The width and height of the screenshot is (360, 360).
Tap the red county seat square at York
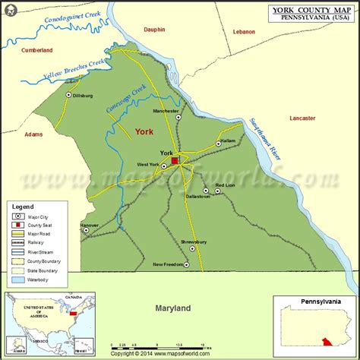point(175,161)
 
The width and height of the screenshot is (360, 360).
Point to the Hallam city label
point(231,142)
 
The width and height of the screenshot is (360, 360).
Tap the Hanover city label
point(90,225)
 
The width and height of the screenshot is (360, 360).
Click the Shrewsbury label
point(194,242)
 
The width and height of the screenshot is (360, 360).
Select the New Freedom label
point(168,264)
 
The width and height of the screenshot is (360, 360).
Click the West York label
point(147,165)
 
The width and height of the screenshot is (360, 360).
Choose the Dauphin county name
point(154,30)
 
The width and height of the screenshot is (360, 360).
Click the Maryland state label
point(172,308)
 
